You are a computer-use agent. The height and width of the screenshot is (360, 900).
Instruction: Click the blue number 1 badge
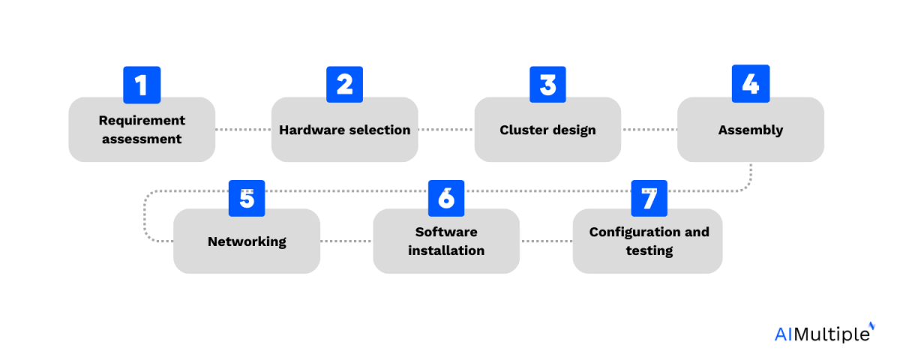pos(141,85)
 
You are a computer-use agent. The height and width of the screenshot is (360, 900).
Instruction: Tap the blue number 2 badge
pos(344,85)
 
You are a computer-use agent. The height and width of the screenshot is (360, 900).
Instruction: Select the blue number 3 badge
pos(547,85)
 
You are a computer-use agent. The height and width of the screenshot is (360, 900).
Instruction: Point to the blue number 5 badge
pos(247,198)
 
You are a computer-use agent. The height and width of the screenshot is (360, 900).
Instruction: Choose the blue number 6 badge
pos(446,198)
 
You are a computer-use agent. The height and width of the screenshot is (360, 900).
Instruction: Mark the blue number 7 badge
pos(649,198)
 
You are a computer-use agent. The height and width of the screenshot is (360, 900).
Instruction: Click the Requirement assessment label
pos(142,130)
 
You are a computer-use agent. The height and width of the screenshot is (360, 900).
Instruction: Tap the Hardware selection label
pos(344,130)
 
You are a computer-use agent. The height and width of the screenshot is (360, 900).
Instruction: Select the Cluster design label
pos(547,130)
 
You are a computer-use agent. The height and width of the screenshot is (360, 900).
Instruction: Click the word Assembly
pos(750,130)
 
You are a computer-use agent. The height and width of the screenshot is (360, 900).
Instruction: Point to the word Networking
pos(247,241)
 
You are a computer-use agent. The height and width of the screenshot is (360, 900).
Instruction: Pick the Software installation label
pos(446,241)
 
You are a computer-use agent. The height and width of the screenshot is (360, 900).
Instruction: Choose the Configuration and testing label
pos(649,241)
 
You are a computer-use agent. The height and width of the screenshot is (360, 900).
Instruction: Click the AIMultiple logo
pos(823,333)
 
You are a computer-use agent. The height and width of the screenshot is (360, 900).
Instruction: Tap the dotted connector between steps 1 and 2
pos(243,130)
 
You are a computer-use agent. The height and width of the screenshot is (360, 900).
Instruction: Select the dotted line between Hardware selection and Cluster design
pos(446,130)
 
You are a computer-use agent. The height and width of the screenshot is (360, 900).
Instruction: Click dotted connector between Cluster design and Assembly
pos(649,130)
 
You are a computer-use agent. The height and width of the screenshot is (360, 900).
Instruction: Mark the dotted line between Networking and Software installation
pos(346,241)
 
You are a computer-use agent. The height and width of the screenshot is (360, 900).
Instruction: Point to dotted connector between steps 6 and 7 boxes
pos(547,241)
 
